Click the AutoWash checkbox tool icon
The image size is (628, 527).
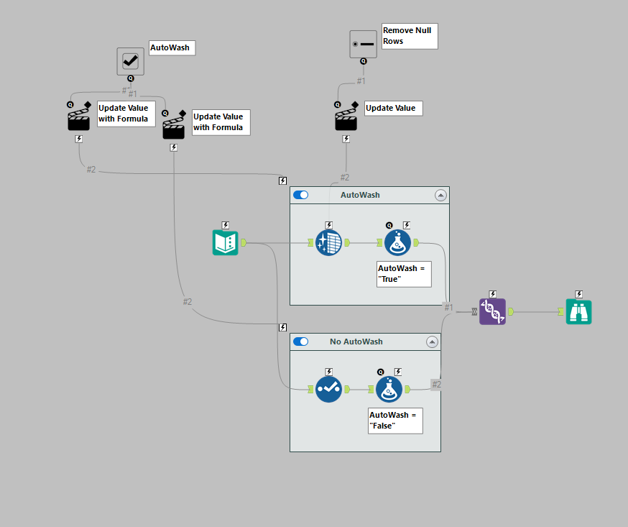(x=131, y=61)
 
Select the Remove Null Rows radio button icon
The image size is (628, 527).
(x=363, y=44)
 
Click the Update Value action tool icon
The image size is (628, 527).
(x=346, y=119)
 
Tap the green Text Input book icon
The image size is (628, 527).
(x=225, y=242)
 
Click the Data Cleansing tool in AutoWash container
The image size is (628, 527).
(x=328, y=242)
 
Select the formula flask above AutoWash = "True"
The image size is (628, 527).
(x=398, y=242)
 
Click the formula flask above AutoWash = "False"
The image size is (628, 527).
(x=389, y=389)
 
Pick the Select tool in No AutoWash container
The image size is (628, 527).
(x=328, y=389)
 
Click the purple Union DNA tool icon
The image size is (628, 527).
(x=492, y=311)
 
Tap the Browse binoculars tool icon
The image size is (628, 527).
(x=578, y=311)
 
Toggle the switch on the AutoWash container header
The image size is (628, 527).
(x=300, y=195)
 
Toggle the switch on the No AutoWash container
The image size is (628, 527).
(x=300, y=342)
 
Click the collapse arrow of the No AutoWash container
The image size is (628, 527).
(x=432, y=342)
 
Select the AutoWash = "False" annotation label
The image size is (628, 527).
(x=395, y=421)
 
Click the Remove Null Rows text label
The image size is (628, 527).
(x=409, y=36)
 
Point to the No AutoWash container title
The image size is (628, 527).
(x=356, y=342)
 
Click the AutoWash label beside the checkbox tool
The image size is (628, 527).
(x=172, y=48)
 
